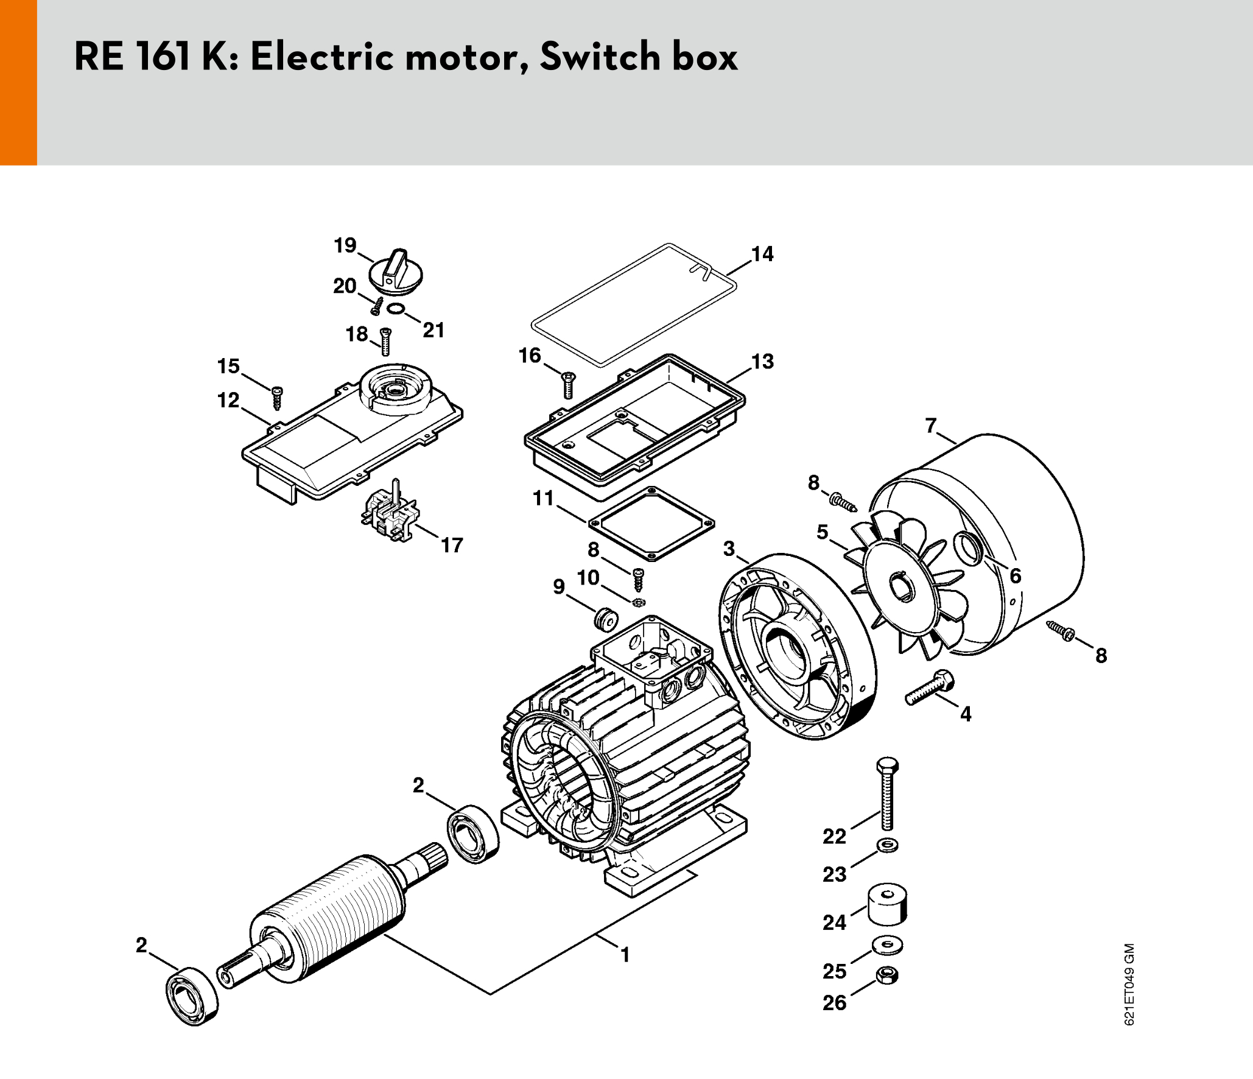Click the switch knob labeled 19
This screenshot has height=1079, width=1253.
coord(396,272)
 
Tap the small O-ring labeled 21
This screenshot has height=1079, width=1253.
coord(396,309)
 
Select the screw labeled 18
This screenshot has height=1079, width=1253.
coord(385,342)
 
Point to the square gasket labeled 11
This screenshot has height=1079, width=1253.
coord(651,523)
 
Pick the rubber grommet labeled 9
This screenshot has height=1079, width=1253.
coord(606,619)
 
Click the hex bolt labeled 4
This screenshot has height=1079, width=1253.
coord(929,688)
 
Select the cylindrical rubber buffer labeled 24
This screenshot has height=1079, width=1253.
coord(887,904)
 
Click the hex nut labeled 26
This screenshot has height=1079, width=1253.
coord(887,975)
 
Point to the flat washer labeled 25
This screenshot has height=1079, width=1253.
coord(887,946)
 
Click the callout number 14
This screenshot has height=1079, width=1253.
coord(762,254)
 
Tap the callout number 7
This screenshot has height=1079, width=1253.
coord(930,425)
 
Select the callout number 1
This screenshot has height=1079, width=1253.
coord(625,954)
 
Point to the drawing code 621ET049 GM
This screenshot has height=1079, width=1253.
coord(1129,985)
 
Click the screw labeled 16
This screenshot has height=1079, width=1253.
coord(568,385)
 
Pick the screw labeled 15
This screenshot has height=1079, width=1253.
coord(277,398)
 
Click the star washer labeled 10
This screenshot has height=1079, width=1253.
coord(638,603)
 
